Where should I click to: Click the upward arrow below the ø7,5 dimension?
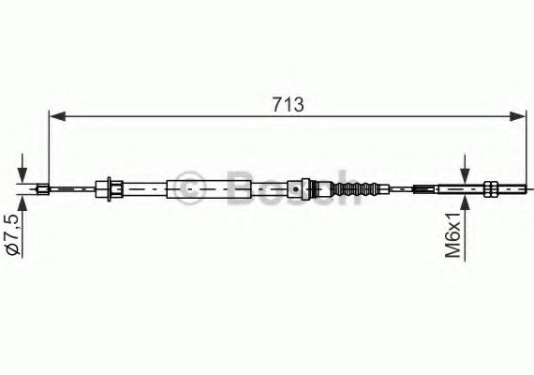click(x=22, y=203)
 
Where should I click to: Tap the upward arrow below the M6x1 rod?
click(x=464, y=203)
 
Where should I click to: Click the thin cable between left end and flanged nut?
click(x=75, y=190)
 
